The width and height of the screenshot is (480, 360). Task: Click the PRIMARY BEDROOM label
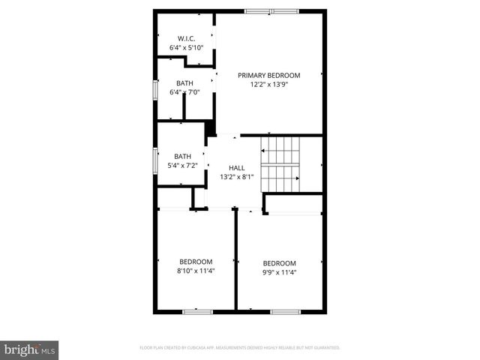[x=268, y=75]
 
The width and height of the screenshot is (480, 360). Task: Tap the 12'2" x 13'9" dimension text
[x=268, y=85]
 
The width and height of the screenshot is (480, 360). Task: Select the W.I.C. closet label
[x=186, y=38]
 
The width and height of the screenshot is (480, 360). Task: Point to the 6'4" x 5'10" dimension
[x=186, y=48]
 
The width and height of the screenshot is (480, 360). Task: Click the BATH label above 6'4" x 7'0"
[x=184, y=83]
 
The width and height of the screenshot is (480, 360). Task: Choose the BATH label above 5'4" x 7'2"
[x=183, y=156]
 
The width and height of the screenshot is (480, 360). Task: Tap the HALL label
[x=236, y=168]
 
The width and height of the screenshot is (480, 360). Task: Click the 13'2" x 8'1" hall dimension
[x=236, y=177]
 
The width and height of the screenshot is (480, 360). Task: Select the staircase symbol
[x=280, y=164]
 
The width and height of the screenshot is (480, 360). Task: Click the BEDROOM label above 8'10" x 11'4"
[x=196, y=261]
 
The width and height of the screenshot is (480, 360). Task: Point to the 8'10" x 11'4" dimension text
[x=196, y=270]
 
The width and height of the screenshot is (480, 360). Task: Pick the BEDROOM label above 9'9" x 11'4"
[x=279, y=262]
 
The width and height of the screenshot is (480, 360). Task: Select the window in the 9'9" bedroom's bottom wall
[x=285, y=310]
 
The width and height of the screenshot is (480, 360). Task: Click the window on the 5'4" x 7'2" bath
[x=155, y=160]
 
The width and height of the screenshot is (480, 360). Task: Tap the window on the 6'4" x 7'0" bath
[x=155, y=89]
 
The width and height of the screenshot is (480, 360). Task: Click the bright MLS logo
[x=30, y=349]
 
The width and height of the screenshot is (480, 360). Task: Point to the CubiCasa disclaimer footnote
[x=240, y=348]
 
